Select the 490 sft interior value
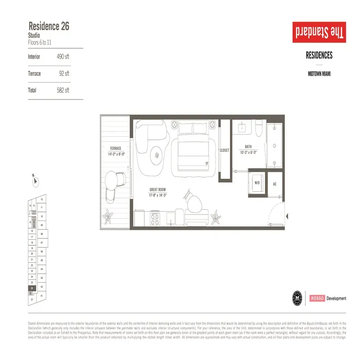point(63,57)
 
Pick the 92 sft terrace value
point(64,73)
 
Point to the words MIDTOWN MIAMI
point(319,74)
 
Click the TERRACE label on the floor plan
point(115,148)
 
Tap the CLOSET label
point(224,150)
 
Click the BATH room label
point(248,147)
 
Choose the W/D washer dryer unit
point(257,184)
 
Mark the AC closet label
point(274,184)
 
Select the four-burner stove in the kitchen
point(155,219)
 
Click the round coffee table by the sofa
point(157,154)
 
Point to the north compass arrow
point(36,181)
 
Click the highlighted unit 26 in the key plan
point(32,288)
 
